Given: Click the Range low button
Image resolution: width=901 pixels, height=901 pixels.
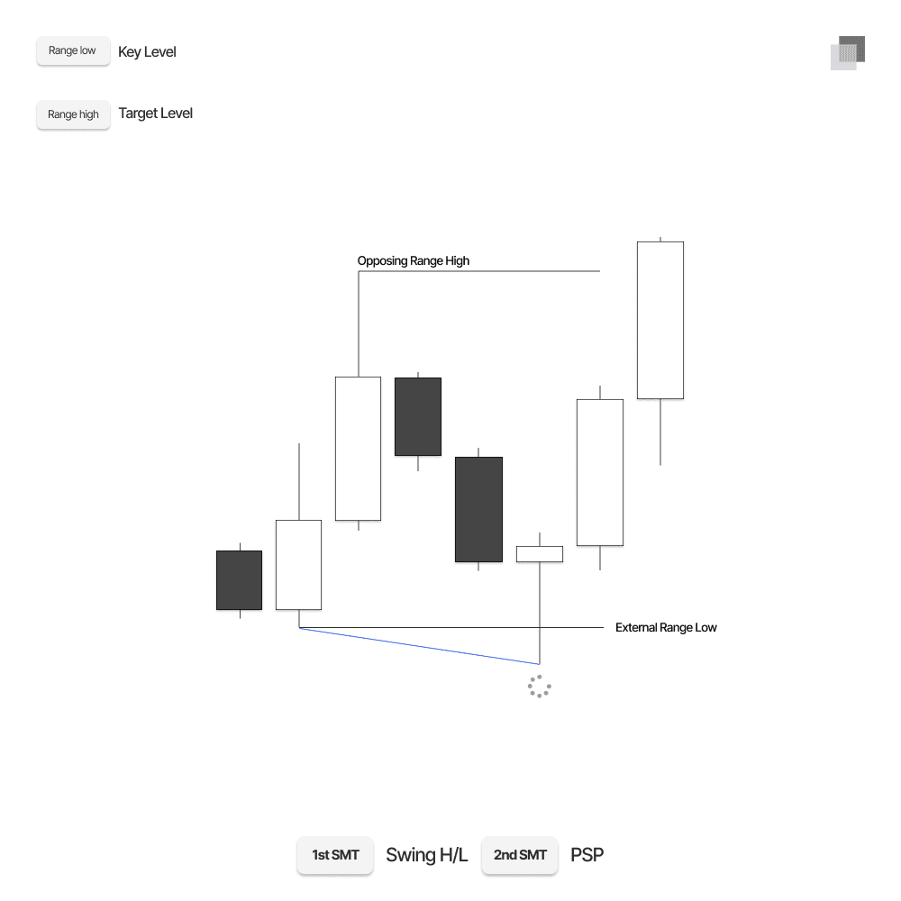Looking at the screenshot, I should [72, 51].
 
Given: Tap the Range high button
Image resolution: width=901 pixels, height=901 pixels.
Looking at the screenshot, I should [73, 114].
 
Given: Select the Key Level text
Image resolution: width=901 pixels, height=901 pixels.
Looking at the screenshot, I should [147, 52].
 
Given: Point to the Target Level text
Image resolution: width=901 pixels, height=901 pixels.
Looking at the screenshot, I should [155, 114].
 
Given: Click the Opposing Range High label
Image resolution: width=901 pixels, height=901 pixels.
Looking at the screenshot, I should [414, 261].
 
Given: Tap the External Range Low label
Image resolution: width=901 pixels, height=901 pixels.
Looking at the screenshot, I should [666, 627].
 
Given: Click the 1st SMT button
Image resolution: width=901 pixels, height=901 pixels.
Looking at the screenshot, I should [335, 855].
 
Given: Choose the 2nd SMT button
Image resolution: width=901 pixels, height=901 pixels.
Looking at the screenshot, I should [520, 855].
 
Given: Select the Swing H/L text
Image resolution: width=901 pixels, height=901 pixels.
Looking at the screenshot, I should [427, 855].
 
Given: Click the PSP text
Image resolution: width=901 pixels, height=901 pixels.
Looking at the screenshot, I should [587, 855].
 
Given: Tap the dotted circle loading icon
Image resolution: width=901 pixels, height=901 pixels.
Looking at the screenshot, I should [539, 687].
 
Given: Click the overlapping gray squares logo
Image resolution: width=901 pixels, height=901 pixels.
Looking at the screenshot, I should [848, 53].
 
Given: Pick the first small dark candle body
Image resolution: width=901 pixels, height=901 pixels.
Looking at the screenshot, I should [239, 580].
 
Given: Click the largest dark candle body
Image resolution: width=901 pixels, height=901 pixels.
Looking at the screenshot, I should [478, 509].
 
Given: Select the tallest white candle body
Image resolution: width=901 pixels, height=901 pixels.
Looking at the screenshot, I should [660, 320].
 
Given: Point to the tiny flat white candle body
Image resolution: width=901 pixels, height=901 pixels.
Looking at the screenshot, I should [540, 554].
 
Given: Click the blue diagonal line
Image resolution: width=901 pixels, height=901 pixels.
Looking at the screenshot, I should [419, 646].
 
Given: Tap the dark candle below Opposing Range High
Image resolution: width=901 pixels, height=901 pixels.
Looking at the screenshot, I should [418, 416].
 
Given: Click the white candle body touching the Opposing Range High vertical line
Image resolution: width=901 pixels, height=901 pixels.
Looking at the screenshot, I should [358, 448].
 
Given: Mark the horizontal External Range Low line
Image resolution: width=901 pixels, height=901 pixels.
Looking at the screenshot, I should [450, 627].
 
